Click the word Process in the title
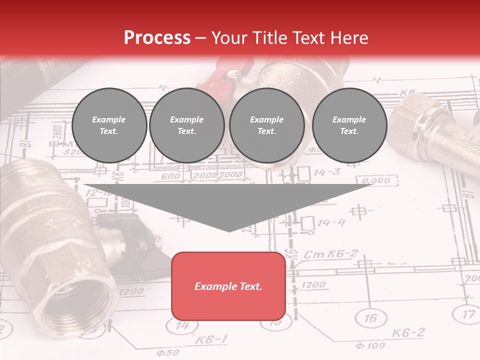click(157, 38)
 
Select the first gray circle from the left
click(109, 125)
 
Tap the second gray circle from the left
click(186, 125)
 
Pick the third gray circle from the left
click(266, 125)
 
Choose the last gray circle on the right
click(349, 125)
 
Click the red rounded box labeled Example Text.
click(228, 286)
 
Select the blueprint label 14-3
click(327, 172)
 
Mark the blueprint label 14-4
click(331, 222)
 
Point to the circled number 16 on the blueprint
click(370, 318)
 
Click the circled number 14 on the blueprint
click(183, 325)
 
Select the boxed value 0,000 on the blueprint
click(376, 180)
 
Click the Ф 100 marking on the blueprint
click(370, 345)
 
